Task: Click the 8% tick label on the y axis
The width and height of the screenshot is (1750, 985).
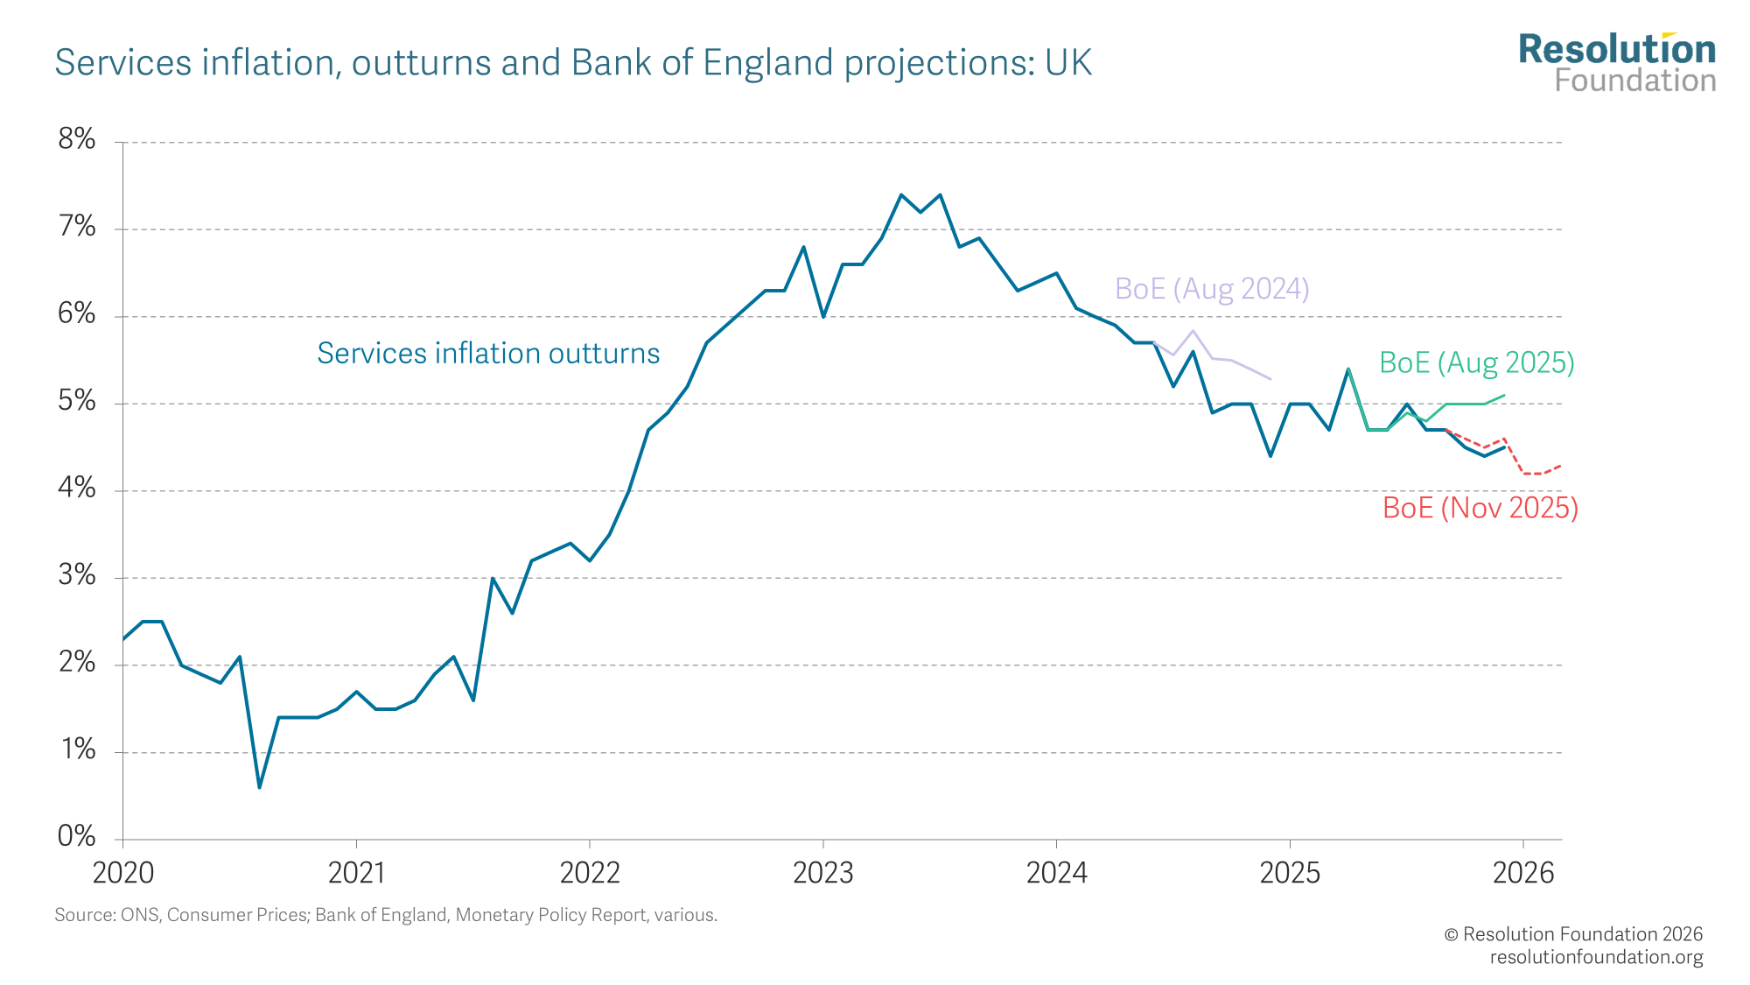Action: pos(77,139)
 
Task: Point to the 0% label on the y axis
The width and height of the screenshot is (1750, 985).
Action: pos(77,837)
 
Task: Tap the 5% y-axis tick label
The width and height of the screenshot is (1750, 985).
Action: pos(77,401)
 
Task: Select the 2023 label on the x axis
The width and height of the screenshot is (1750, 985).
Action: pos(822,873)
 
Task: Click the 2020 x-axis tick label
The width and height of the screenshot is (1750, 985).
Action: pos(123,873)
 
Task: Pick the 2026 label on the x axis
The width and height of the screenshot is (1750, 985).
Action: pos(1523,873)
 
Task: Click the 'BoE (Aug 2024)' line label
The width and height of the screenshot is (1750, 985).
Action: pos(1212,289)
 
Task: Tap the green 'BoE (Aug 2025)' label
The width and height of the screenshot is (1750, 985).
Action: pos(1477,362)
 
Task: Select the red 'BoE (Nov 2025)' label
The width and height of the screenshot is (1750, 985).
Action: pos(1480,508)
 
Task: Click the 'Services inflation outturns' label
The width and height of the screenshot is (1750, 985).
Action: pos(488,354)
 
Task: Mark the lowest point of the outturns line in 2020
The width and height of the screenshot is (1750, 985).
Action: pos(259,787)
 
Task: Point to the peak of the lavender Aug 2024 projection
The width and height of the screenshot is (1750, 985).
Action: pos(1193,331)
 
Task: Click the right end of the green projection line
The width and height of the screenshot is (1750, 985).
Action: pos(1504,395)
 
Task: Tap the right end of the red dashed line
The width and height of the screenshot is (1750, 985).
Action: pos(1561,465)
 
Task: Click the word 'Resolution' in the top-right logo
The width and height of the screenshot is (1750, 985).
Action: pos(1617,51)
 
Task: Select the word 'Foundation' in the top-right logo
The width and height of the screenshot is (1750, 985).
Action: pos(1634,81)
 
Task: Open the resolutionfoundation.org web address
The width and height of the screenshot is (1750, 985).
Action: pos(1596,957)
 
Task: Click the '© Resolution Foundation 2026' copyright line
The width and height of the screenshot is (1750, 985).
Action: pos(1573,934)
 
